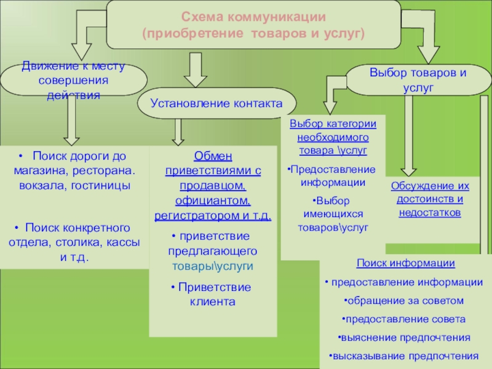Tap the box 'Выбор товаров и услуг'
[418, 80]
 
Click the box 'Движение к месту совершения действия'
[73, 80]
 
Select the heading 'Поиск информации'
[405, 263]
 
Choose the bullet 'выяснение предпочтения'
[405, 338]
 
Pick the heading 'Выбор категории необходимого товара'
[333, 137]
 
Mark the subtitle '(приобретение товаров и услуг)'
[253, 31]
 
